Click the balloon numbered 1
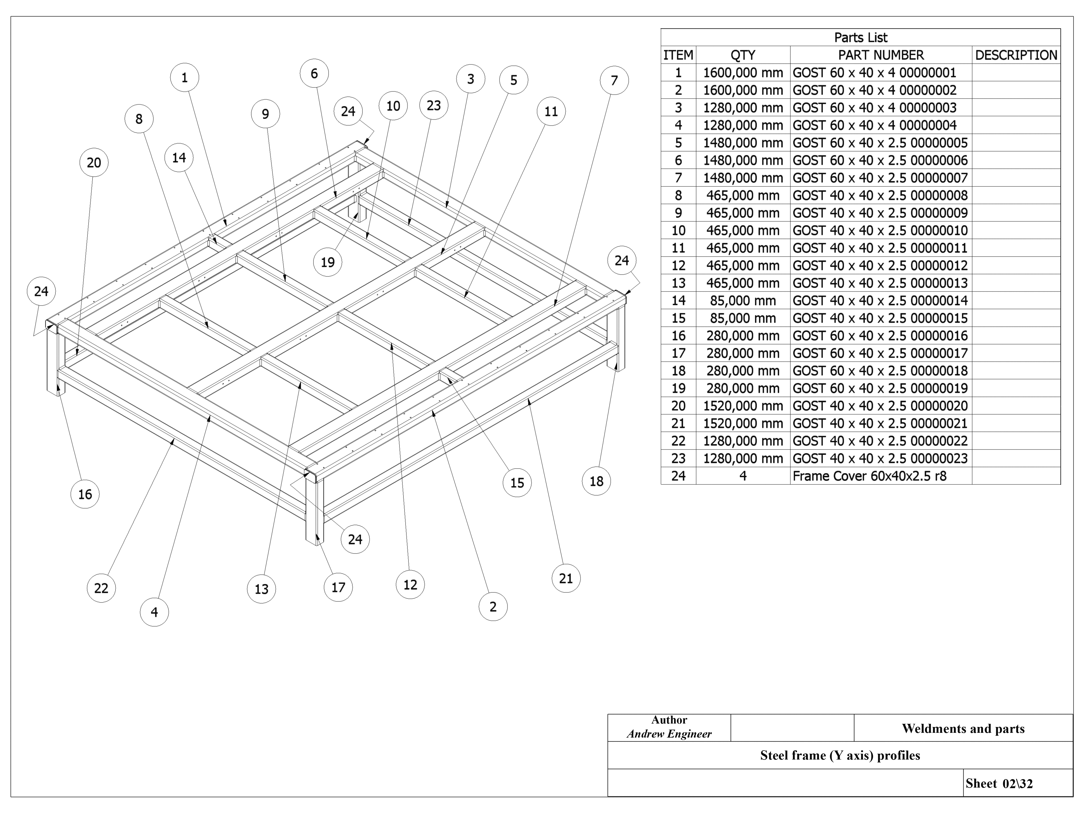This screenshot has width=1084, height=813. pos(185,78)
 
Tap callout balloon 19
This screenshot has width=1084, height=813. pos(327,262)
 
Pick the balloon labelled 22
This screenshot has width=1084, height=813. pos(101,588)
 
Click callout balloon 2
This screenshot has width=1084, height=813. pos(493,607)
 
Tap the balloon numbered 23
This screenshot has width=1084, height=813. pos(434,105)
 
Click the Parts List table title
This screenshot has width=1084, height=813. pos(861,37)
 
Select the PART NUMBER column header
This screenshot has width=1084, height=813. pos(881,55)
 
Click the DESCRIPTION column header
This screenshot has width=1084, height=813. pos(1016,55)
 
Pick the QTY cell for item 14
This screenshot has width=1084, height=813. pos(743,300)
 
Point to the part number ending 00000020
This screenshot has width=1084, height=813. pos(880,406)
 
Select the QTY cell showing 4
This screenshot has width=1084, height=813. pos(743,476)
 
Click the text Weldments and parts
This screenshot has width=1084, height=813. pos(963,729)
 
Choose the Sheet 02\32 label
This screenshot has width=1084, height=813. pos(999,784)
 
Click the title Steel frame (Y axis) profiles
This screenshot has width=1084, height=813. pos(840,755)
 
